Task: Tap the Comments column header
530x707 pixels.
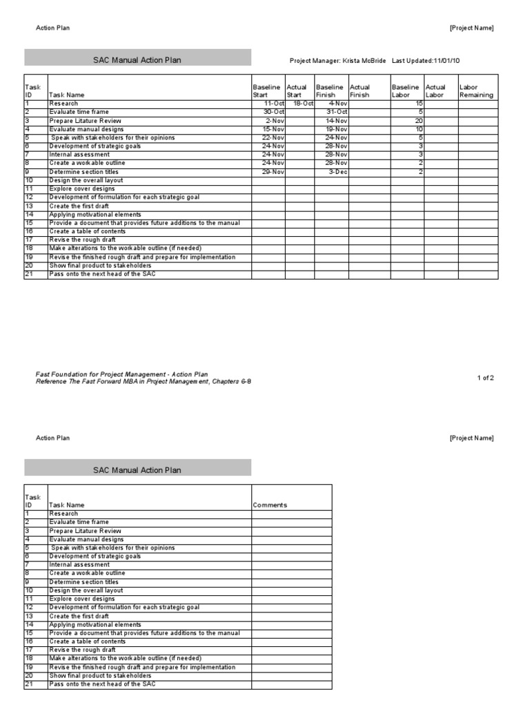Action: pos(270,505)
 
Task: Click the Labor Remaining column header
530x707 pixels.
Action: pos(476,91)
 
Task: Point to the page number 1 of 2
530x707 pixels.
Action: pos(486,378)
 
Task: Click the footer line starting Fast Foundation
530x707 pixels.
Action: pos(121,374)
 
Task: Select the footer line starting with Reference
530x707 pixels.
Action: pos(144,381)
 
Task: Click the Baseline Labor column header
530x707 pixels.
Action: pos(405,91)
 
